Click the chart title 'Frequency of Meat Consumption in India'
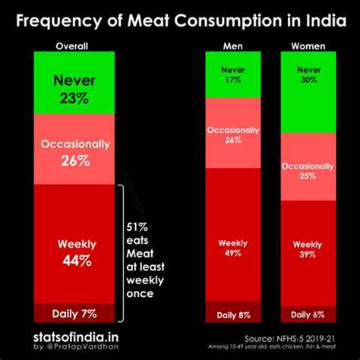tap(180, 18)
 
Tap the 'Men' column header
tap(233, 46)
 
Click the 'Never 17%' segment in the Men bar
tap(233, 75)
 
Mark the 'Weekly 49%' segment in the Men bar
tap(233, 248)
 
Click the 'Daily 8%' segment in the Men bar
tap(233, 313)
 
